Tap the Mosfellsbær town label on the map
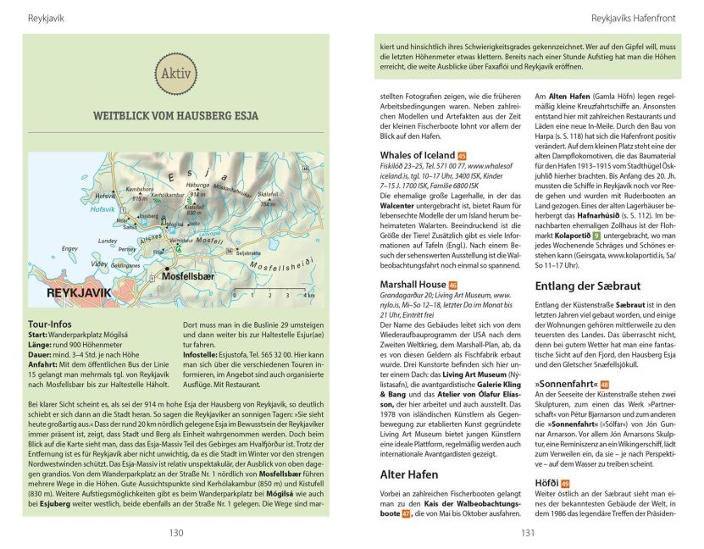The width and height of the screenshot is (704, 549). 189,275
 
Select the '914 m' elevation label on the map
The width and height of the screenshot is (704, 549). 200,194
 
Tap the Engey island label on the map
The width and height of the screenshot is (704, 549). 70,248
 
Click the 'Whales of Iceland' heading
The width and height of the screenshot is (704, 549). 417,155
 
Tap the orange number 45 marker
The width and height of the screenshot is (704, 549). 462,156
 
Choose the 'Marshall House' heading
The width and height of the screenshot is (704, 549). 413,284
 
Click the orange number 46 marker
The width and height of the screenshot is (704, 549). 452,285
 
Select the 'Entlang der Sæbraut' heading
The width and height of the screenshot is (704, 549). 585,284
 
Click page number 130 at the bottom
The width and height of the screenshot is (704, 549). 175,533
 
